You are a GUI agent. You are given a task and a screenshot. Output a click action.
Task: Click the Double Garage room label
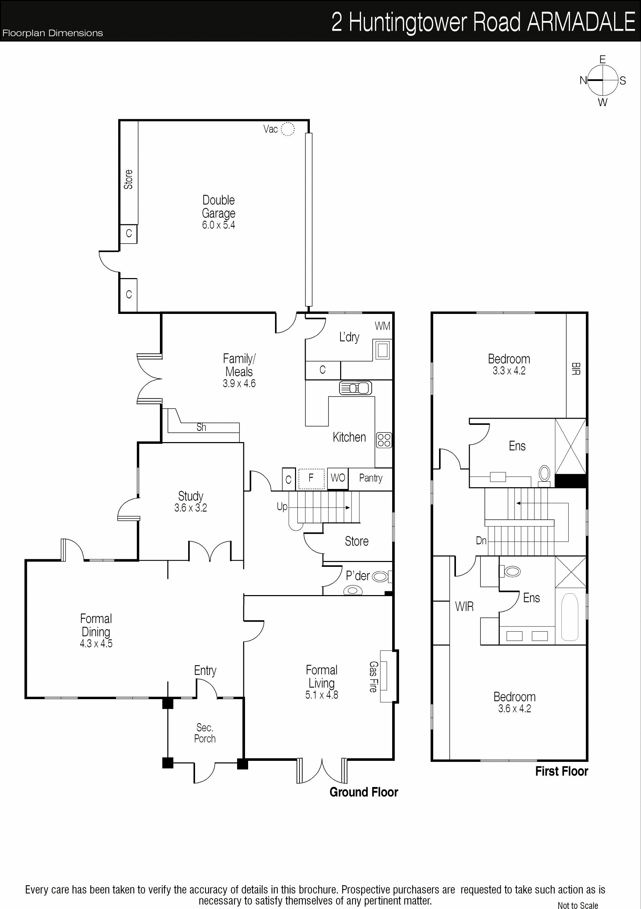pyautogui.click(x=218, y=206)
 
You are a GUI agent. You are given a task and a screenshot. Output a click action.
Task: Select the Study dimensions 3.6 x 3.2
pyautogui.click(x=191, y=508)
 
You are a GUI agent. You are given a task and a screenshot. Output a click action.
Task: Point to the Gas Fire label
pyautogui.click(x=373, y=677)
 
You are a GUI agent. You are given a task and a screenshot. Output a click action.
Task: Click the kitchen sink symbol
pyautogui.click(x=356, y=388)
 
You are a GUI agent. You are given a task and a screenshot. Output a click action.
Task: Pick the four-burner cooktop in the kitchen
pyautogui.click(x=384, y=440)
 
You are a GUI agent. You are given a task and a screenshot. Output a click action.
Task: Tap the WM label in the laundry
pyautogui.click(x=383, y=326)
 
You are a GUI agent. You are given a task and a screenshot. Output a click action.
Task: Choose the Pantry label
pyautogui.click(x=370, y=478)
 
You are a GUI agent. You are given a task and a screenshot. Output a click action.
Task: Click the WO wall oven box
pyautogui.click(x=338, y=479)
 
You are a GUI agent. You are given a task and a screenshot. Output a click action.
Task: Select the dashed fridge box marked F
pyautogui.click(x=311, y=479)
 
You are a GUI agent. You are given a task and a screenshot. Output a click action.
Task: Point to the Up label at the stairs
pyautogui.click(x=282, y=507)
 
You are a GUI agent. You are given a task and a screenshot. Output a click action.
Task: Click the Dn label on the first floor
pyautogui.click(x=481, y=540)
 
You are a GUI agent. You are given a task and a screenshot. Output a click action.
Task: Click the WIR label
pyautogui.click(x=464, y=606)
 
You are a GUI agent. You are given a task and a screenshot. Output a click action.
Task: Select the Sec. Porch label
pyautogui.click(x=205, y=733)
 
